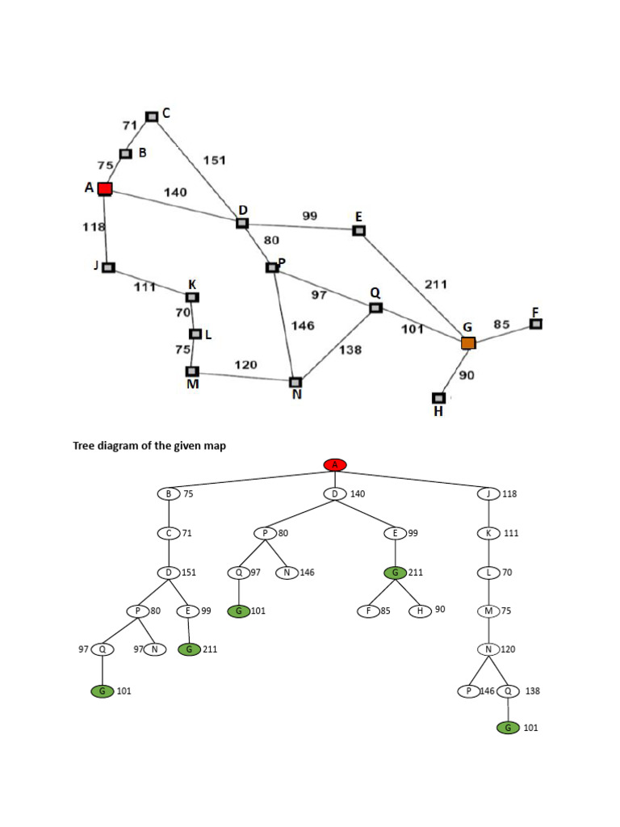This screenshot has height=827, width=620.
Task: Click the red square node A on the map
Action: [105, 189]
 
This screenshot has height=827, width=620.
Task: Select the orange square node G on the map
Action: [468, 343]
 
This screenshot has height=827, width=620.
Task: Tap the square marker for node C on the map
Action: [152, 116]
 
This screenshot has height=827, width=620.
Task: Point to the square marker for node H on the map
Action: [438, 397]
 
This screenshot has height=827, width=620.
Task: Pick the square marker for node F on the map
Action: [535, 324]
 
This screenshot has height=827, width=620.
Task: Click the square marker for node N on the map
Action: [295, 382]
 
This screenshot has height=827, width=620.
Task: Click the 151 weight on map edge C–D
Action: [215, 160]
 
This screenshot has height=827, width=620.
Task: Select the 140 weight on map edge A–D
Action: [175, 192]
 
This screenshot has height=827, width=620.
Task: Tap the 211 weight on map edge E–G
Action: [436, 284]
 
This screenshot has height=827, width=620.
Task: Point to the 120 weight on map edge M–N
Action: [246, 365]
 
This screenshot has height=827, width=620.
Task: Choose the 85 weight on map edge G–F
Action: [502, 325]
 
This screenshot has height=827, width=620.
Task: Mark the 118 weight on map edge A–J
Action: [94, 227]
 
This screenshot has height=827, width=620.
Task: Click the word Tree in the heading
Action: [84, 446]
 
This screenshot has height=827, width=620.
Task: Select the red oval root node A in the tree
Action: [335, 464]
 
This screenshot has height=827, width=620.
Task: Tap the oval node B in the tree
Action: [169, 493]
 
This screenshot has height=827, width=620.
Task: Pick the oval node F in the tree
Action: [368, 611]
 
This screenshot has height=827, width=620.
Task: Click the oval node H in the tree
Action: [420, 611]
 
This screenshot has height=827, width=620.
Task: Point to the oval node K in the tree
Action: [488, 533]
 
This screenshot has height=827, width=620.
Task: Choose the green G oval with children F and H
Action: [395, 573]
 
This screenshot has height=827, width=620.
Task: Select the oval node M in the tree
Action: [488, 611]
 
